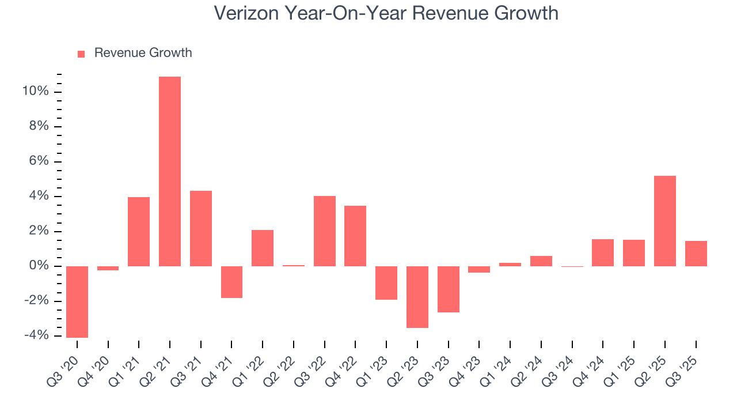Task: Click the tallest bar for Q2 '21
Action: tap(170, 171)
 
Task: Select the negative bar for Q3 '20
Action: tap(77, 301)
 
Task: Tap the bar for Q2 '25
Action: tap(665, 221)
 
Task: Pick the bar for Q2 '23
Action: tap(417, 297)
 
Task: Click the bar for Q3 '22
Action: tap(325, 231)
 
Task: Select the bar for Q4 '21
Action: tap(231, 282)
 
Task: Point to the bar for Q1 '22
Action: tap(263, 248)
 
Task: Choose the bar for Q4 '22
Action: tap(355, 236)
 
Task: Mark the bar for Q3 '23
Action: tap(449, 289)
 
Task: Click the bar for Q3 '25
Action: tap(696, 254)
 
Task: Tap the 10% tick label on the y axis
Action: tap(35, 92)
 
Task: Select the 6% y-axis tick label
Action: tap(38, 161)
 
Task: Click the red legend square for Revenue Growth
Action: tap(81, 54)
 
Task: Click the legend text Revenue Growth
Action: tap(143, 53)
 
